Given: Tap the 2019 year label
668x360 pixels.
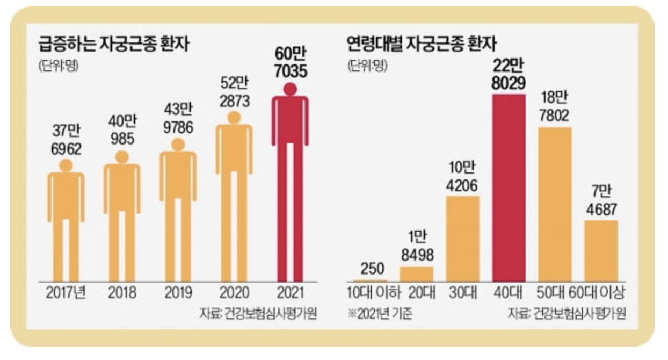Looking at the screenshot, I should (178, 293).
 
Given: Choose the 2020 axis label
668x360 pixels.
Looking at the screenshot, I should (234, 293).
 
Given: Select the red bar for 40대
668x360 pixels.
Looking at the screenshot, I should (509, 188).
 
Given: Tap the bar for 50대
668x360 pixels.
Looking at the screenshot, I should (555, 204).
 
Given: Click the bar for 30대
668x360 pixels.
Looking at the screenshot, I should (462, 239).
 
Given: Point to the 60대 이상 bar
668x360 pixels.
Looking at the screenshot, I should (601, 250).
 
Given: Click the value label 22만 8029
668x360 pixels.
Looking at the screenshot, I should (509, 75).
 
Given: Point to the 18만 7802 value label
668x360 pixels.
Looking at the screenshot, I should (555, 107).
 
